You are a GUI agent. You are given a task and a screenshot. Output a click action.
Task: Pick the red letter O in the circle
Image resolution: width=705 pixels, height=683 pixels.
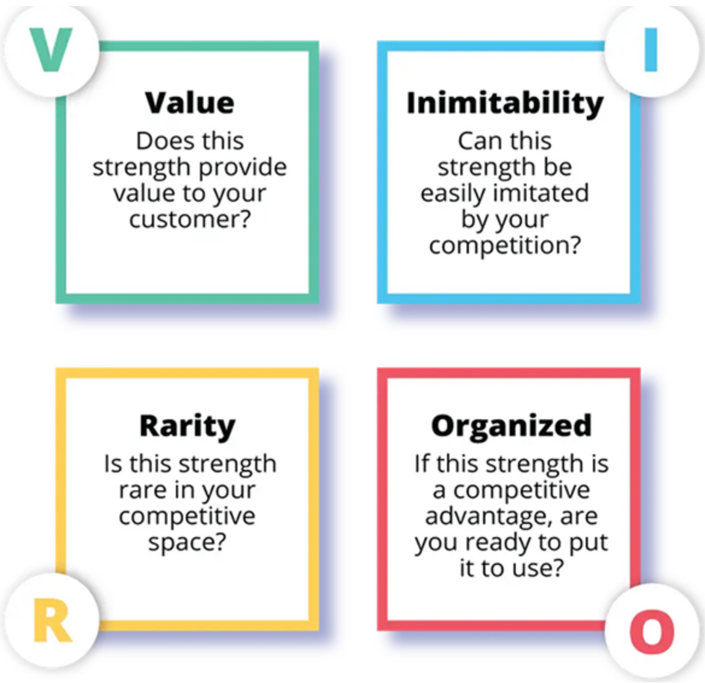pyautogui.click(x=651, y=631)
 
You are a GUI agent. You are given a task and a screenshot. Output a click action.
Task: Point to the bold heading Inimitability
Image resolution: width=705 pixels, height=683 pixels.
pyautogui.click(x=505, y=103)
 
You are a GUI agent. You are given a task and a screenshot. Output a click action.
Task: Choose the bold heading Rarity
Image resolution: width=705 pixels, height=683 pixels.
pyautogui.click(x=187, y=426)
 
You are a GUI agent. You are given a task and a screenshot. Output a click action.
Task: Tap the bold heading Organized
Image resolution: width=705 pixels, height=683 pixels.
pyautogui.click(x=511, y=426)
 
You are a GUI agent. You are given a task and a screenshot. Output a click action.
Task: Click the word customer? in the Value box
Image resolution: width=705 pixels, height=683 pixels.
pyautogui.click(x=189, y=219)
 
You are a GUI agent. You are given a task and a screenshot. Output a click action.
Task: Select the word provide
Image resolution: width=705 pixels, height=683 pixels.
pyautogui.click(x=242, y=167)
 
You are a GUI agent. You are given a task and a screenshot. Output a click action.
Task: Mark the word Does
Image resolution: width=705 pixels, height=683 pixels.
pyautogui.click(x=158, y=141)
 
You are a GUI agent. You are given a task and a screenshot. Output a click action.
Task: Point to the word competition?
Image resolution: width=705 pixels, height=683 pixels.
pyautogui.click(x=505, y=246)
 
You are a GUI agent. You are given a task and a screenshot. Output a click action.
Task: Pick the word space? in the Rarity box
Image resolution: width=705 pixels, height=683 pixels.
pyautogui.click(x=187, y=543)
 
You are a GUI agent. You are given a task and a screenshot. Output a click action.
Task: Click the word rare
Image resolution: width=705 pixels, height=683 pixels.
pyautogui.click(x=143, y=490)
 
